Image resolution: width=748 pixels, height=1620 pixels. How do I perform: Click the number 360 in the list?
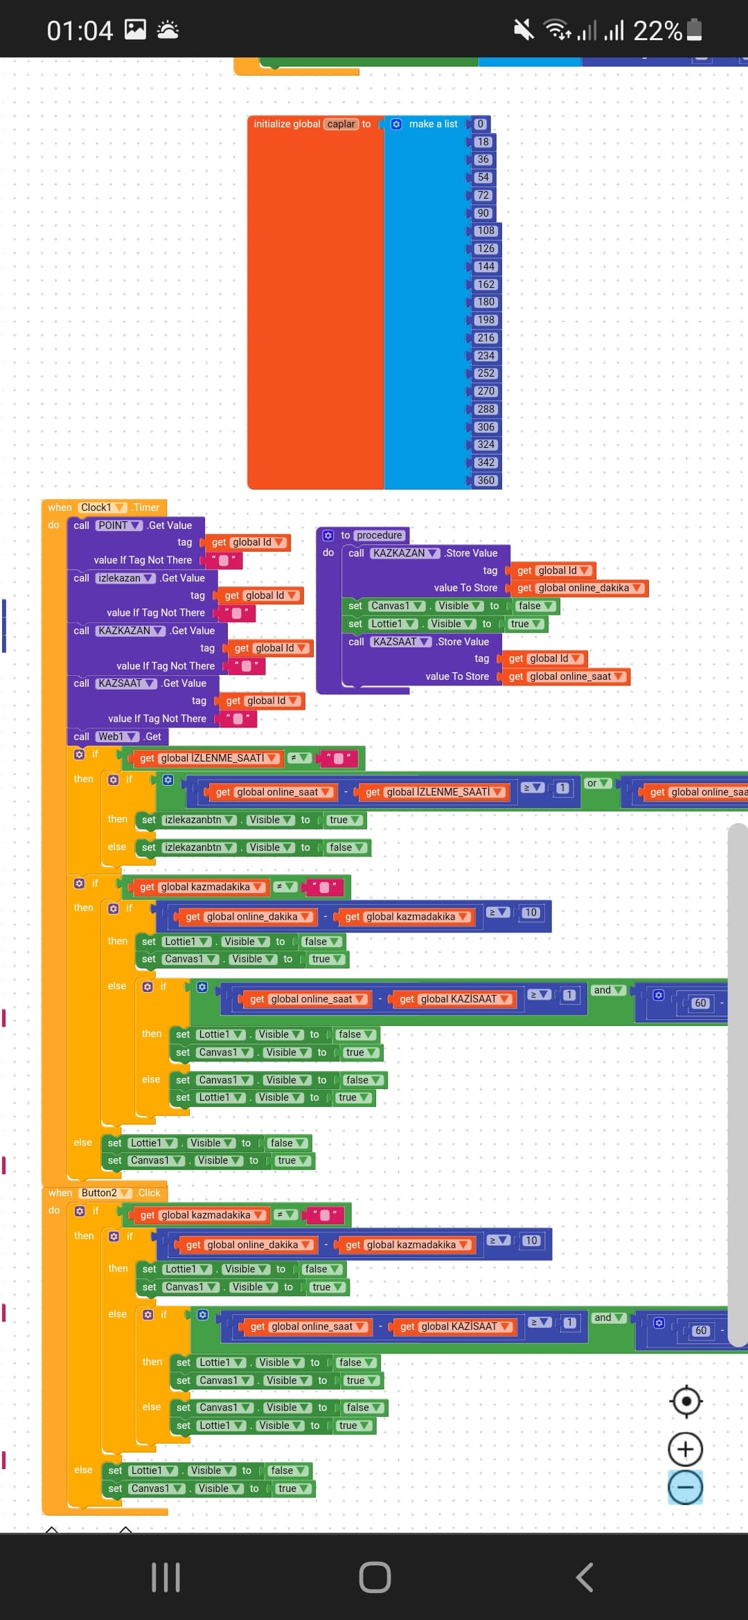(x=486, y=480)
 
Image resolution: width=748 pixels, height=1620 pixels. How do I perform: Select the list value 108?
(x=486, y=231)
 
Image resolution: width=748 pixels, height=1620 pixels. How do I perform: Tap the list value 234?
(x=486, y=356)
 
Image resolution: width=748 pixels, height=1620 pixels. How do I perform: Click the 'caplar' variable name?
(x=341, y=124)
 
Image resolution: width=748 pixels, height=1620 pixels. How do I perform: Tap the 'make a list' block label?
(x=433, y=124)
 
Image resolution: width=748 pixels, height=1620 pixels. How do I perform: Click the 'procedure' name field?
(x=380, y=535)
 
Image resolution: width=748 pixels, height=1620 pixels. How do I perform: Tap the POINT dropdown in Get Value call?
(x=119, y=525)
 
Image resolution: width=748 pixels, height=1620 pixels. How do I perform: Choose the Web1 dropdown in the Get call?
(x=117, y=737)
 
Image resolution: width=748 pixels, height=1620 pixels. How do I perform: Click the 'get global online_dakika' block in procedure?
(x=580, y=588)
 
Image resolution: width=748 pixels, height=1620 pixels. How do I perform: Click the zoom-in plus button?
(x=685, y=1449)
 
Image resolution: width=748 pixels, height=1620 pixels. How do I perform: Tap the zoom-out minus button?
(x=685, y=1487)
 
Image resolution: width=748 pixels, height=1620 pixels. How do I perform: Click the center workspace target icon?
(x=686, y=1401)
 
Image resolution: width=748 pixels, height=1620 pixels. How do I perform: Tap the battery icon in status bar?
(x=694, y=30)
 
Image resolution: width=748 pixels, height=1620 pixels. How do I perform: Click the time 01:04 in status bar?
(x=80, y=30)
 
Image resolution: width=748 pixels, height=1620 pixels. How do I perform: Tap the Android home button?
(x=375, y=1578)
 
